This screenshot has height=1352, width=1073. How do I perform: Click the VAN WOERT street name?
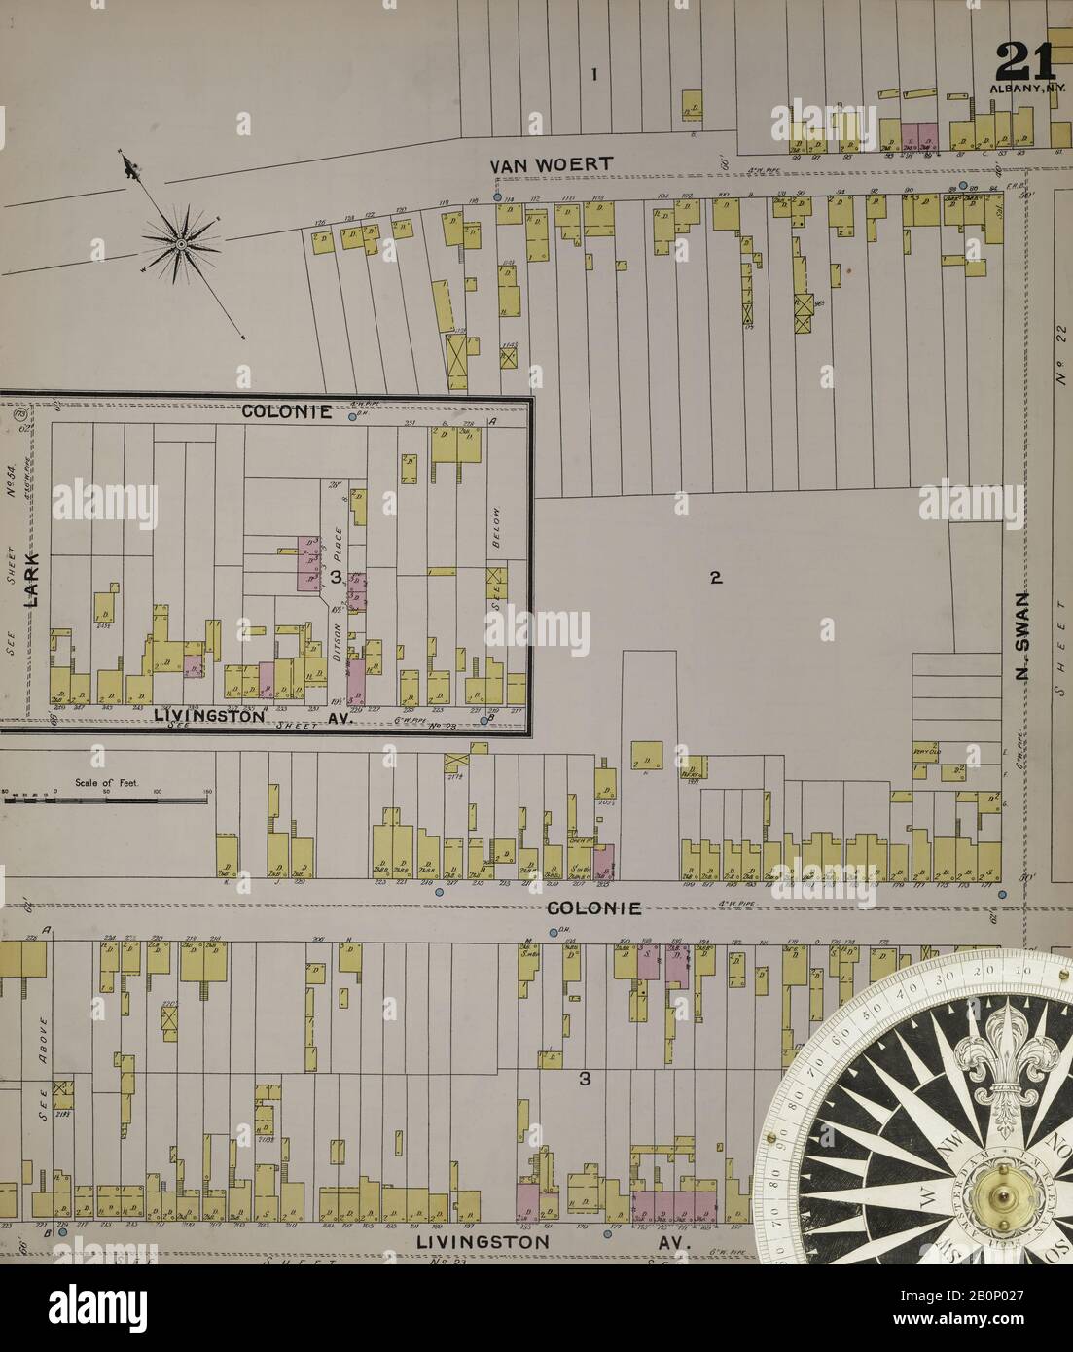point(552,164)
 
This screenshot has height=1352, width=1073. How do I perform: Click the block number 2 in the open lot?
point(715,578)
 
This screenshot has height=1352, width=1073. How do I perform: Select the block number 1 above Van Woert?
point(594,74)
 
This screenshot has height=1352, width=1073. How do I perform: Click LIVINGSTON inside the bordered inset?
point(210,715)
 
